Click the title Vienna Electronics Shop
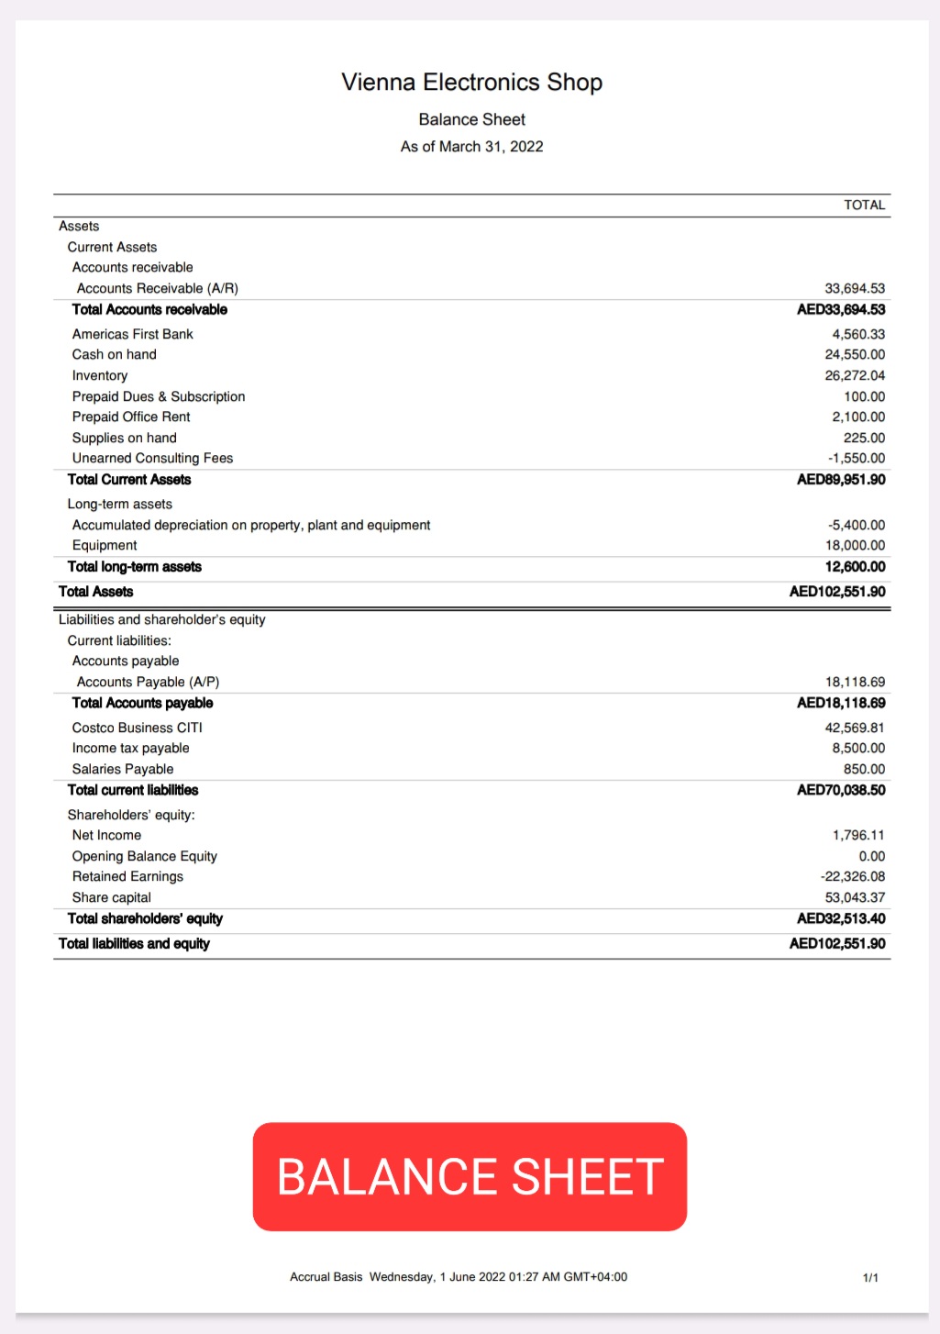click(x=471, y=83)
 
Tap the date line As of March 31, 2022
click(x=471, y=147)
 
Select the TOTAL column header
click(x=864, y=206)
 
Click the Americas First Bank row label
click(x=133, y=334)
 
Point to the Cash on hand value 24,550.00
click(x=855, y=355)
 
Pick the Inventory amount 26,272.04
click(x=855, y=375)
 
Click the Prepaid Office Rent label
click(x=131, y=417)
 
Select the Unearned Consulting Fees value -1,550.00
click(x=857, y=458)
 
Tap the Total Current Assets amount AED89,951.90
click(x=841, y=480)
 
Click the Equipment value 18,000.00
click(x=855, y=545)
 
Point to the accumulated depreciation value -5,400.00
click(x=857, y=525)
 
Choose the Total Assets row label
click(x=96, y=592)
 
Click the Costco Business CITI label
click(x=138, y=728)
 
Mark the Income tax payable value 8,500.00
click(x=858, y=748)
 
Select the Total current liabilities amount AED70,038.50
click(x=841, y=790)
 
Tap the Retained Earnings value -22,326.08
click(x=853, y=876)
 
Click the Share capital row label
click(x=112, y=897)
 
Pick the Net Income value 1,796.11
click(x=858, y=835)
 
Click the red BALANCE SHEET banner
click(x=470, y=1176)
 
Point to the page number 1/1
click(x=870, y=1277)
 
